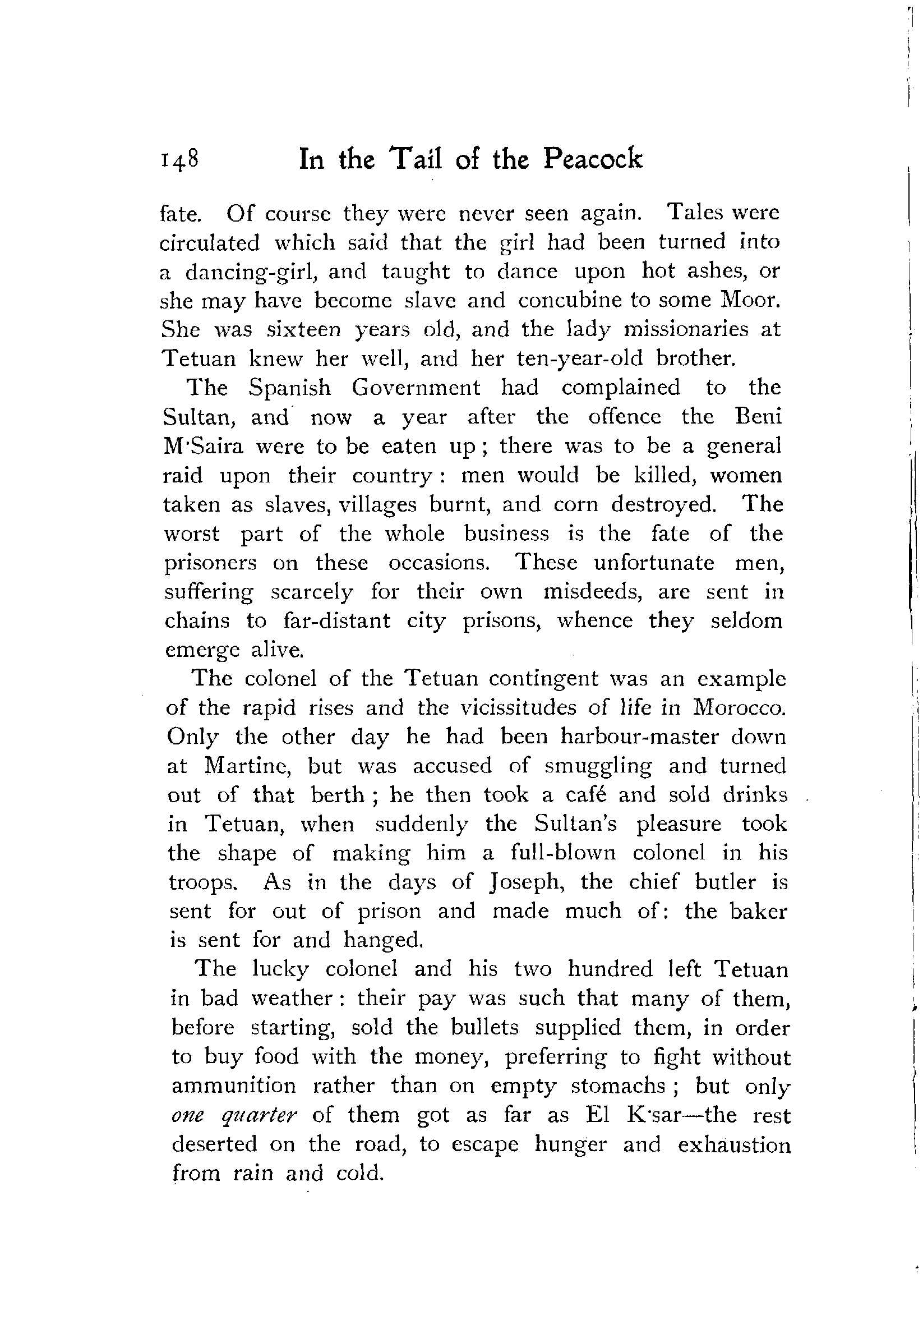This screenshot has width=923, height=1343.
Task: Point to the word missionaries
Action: pos(685,329)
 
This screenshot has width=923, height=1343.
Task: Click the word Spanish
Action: pos(289,388)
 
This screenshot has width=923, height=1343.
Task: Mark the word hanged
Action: pos(384,940)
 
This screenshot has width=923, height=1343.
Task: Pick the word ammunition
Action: pos(234,1086)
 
